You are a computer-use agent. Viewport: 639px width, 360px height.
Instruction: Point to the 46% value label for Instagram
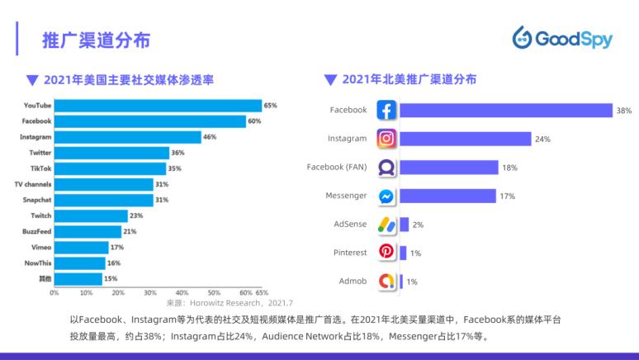(x=210, y=137)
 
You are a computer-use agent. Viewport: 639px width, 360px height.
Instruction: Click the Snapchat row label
(x=37, y=200)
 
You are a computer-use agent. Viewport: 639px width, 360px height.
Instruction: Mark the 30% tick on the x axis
(x=150, y=292)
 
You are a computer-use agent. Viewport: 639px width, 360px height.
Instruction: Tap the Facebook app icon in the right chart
(x=386, y=110)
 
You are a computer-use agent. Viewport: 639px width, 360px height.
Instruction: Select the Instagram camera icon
(x=386, y=139)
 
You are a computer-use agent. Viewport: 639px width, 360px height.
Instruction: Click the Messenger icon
(x=386, y=197)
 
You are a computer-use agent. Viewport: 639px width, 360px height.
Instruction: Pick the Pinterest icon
(x=386, y=252)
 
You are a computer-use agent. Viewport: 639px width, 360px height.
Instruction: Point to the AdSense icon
(x=386, y=225)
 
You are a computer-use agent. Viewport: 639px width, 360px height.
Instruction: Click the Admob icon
(x=386, y=281)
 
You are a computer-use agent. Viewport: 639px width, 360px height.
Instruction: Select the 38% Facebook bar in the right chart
(x=506, y=110)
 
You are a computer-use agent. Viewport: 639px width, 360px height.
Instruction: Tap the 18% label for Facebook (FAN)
(x=509, y=168)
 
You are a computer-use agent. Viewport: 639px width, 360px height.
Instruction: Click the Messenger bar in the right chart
(x=448, y=196)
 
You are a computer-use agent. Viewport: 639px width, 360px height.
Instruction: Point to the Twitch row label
(x=40, y=216)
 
